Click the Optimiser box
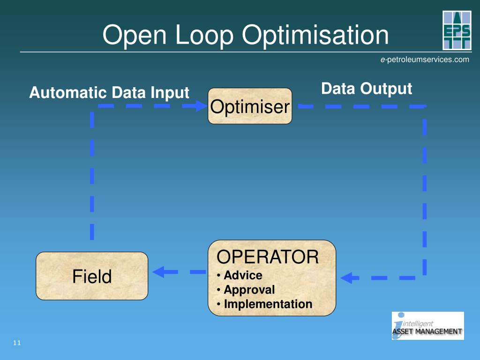coord(250,106)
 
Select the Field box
coord(92,276)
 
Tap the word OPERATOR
coord(267,257)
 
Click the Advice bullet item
coord(243,275)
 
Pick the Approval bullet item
coord(249,290)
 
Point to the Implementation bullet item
coord(268,304)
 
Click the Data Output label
coord(367,89)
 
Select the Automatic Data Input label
coord(109,93)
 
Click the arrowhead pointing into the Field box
coord(157,271)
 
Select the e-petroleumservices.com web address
coord(424,60)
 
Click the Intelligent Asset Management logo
coord(427,326)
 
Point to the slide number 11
coord(17,343)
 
